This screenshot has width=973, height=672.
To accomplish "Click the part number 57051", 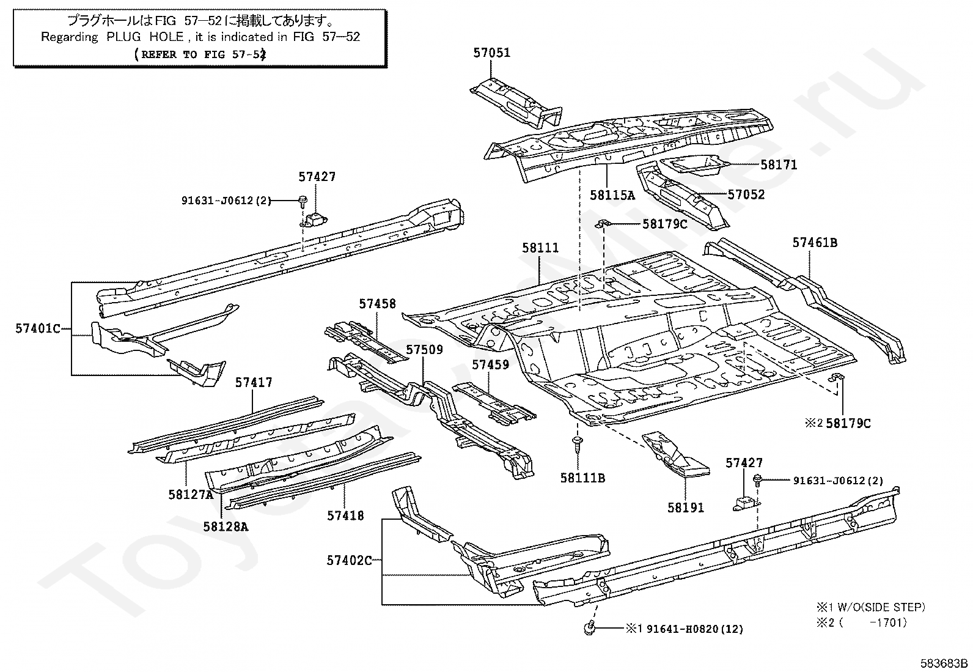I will coord(491,53).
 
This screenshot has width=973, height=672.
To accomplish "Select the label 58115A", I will coord(612,195).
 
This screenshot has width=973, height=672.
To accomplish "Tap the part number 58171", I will coord(779,164).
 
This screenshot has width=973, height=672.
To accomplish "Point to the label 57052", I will coord(746,194).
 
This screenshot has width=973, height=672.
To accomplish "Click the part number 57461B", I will coord(815,242).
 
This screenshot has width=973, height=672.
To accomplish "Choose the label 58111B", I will coord(582,478).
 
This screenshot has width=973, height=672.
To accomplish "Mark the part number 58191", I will coord(685,507).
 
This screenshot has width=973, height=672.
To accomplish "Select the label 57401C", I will coord(38,328).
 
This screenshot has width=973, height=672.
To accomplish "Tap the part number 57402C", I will coord(349,559).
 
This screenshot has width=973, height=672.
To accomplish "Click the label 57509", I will coord(425,350).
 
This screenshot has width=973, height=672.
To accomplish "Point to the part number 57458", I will coord(377,303).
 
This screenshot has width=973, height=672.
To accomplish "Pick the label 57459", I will coord(490,364).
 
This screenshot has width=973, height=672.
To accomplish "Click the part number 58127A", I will coord(190,494).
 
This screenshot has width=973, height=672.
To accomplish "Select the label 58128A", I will coord(226,526).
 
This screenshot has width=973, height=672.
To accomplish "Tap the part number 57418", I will coord(345,515).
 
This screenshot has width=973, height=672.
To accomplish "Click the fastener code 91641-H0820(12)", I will coord(695,629).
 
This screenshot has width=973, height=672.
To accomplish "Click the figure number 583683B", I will coord(945,663).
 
